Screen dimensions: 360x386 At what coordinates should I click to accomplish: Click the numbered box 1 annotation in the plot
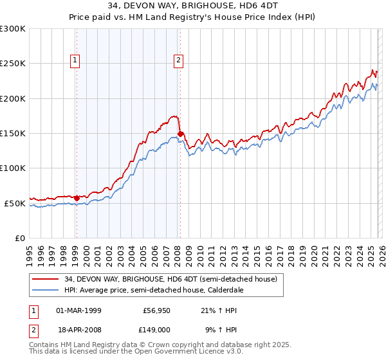[75, 61]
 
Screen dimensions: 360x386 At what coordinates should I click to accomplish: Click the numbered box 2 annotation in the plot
[178, 61]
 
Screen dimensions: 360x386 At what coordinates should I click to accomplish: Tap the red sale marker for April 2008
[181, 134]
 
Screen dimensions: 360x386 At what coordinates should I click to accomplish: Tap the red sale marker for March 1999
[77, 198]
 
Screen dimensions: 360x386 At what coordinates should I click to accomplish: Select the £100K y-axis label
[13, 168]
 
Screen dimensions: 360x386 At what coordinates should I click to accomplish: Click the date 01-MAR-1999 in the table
[79, 310]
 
